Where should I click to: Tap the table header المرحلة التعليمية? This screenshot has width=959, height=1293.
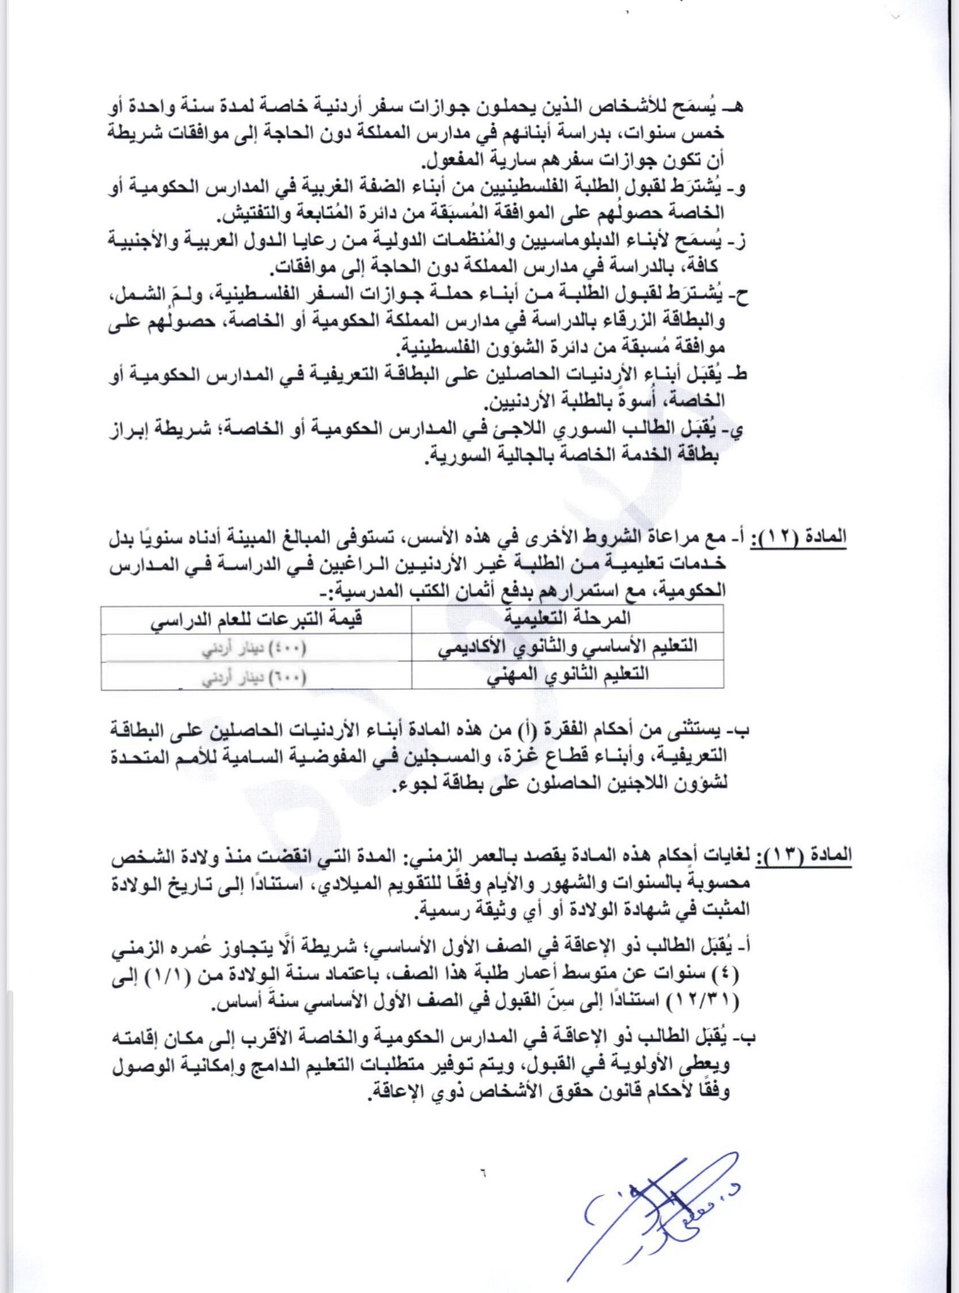[x=568, y=617]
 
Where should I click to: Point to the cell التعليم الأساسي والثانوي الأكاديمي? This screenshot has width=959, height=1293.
[x=567, y=646]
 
